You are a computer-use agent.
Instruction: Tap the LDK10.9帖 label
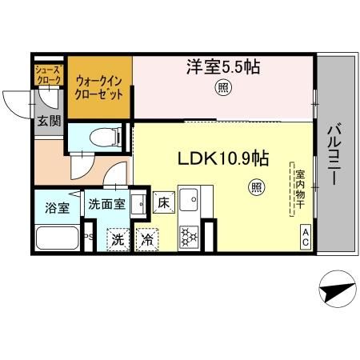[222, 158]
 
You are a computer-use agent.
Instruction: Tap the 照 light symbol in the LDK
[256, 188]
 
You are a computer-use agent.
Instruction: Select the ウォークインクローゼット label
[98, 86]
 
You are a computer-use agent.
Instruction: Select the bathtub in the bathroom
[57, 238]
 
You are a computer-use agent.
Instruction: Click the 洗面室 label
[106, 204]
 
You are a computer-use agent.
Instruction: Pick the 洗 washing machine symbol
[118, 238]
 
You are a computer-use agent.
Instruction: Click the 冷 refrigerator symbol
[147, 238]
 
